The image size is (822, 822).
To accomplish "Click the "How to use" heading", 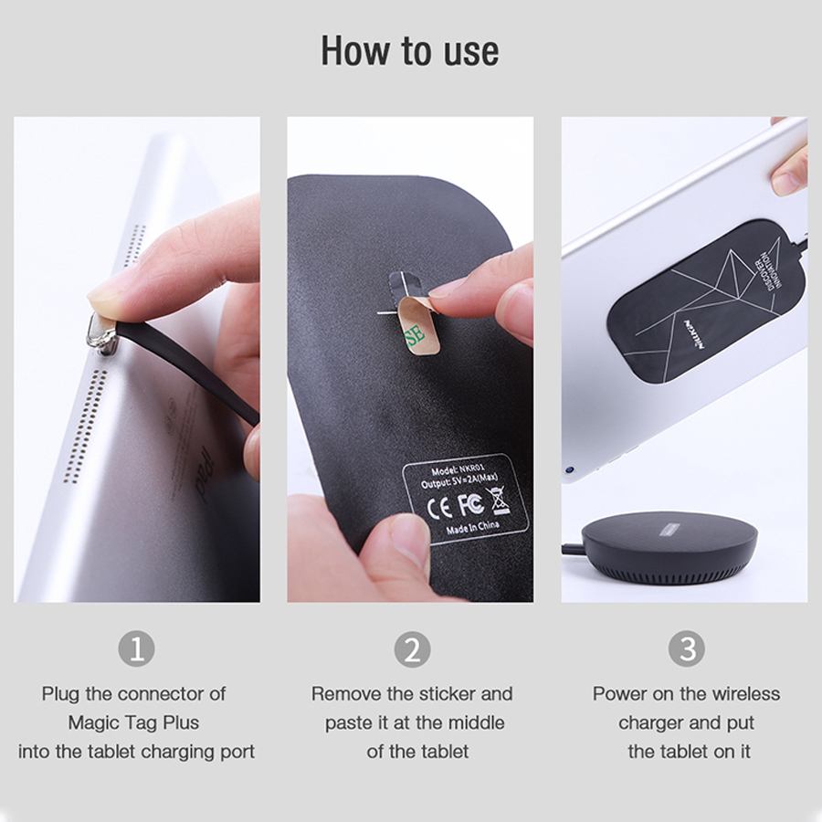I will [410, 51].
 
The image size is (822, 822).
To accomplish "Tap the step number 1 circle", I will [136, 649].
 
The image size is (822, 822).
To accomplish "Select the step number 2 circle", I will [412, 649].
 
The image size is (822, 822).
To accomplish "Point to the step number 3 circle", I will [686, 649].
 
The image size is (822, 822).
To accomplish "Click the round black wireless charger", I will [669, 547].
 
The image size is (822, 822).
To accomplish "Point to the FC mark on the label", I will [469, 504].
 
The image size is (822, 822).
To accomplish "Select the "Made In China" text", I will [473, 525].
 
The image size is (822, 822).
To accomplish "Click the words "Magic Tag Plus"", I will [133, 722].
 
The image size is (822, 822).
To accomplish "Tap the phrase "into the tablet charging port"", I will [136, 752].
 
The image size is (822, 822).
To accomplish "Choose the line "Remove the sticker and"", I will [412, 693].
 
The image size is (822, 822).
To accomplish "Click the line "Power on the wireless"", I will [686, 693].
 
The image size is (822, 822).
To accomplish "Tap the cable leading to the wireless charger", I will [573, 549].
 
